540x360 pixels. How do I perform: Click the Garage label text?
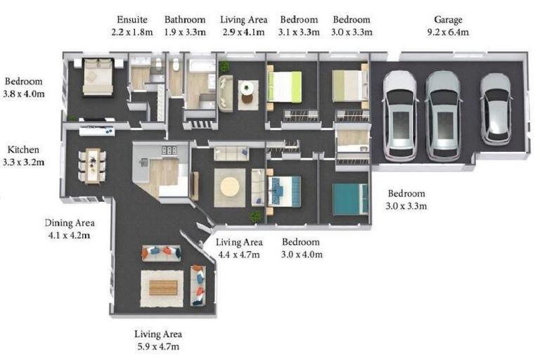click(448, 20)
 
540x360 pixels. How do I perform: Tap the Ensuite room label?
click(132, 20)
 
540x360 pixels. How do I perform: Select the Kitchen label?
click(23, 150)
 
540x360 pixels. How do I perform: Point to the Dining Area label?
click(70, 223)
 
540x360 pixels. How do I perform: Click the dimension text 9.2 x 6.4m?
click(448, 32)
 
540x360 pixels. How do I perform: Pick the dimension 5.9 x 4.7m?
click(158, 346)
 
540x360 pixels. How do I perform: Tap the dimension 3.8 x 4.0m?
click(24, 94)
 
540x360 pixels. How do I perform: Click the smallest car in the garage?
click(496, 109)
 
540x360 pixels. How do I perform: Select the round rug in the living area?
click(230, 188)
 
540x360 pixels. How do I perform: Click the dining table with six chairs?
click(92, 165)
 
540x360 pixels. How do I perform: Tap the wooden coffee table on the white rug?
click(163, 288)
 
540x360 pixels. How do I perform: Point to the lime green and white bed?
click(285, 86)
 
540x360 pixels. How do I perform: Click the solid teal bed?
click(350, 199)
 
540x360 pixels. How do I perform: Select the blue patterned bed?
click(284, 191)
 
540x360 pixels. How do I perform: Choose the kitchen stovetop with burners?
click(169, 150)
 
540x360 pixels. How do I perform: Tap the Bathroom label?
click(185, 20)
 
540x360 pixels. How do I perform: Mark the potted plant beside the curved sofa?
click(224, 66)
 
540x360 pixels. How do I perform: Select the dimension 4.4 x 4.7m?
click(239, 255)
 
